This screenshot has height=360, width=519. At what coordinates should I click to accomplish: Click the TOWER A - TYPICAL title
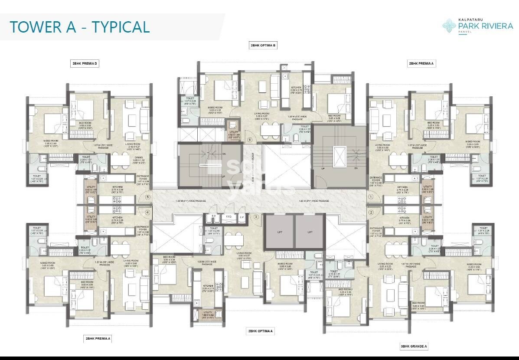[x=80, y=26]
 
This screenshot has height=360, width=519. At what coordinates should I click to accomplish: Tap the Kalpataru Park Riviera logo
[x=477, y=26]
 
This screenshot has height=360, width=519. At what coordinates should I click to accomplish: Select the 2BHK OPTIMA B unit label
[x=263, y=45]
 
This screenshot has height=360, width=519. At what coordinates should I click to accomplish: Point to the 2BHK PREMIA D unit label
[x=85, y=64]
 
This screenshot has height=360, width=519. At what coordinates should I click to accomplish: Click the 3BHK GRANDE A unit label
[x=414, y=346]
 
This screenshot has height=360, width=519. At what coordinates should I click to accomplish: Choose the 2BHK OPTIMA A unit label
[x=261, y=331]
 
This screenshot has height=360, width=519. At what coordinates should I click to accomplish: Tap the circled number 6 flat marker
[x=250, y=140]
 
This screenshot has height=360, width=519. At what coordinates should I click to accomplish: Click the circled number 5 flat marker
[x=148, y=197]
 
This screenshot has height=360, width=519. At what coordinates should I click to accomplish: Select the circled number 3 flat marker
[x=256, y=217]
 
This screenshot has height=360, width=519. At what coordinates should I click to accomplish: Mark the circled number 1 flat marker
[x=371, y=197]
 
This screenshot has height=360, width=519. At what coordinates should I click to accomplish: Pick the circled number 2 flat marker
[x=371, y=212]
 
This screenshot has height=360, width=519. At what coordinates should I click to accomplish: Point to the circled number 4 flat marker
[x=148, y=212]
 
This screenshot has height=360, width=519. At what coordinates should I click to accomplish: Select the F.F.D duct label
[x=228, y=216]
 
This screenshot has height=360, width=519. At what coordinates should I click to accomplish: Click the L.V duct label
[x=242, y=216]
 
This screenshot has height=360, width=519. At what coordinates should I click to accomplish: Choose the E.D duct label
[x=214, y=216]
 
